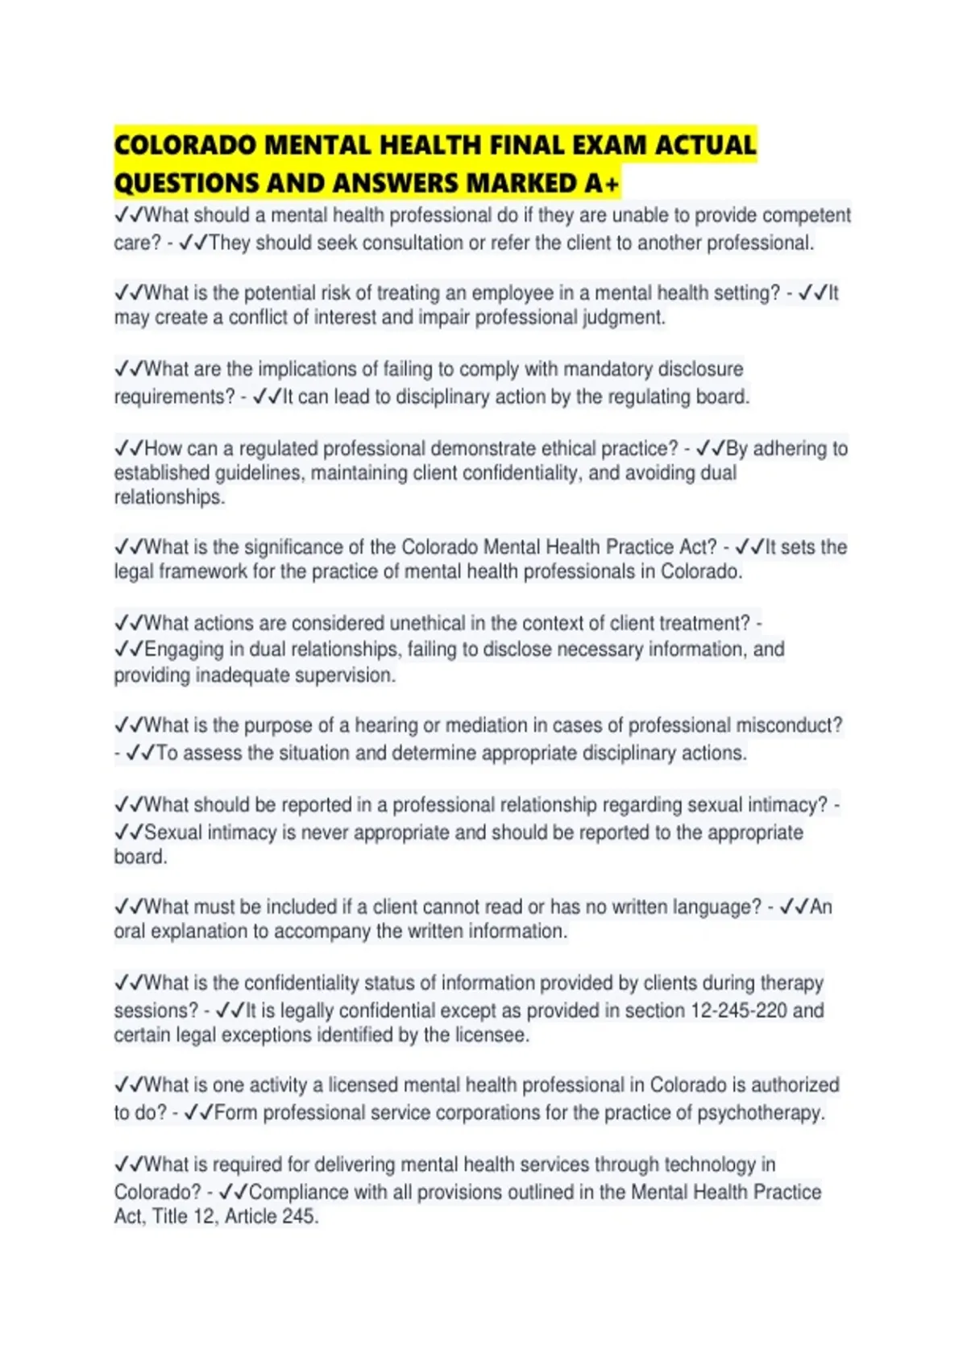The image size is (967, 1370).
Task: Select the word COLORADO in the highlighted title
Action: (x=185, y=145)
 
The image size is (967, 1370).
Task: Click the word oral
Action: (x=129, y=931)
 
